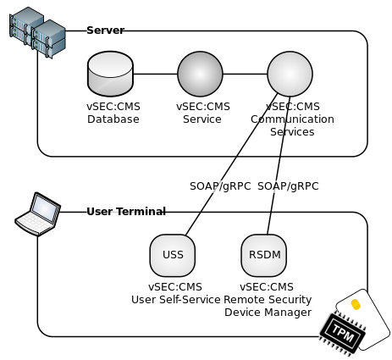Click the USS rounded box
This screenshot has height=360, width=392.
click(173, 255)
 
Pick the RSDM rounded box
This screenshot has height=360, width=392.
click(266, 255)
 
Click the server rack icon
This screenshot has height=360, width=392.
click(37, 31)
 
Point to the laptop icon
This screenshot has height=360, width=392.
click(39, 214)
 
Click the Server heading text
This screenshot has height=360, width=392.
click(104, 30)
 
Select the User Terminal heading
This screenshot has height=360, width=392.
click(125, 211)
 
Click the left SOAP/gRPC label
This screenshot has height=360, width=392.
click(217, 186)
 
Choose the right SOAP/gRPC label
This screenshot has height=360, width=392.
click(285, 186)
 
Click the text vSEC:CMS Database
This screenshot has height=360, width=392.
click(113, 113)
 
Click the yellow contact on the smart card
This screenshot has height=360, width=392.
click(356, 303)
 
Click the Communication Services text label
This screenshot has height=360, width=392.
click(292, 119)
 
